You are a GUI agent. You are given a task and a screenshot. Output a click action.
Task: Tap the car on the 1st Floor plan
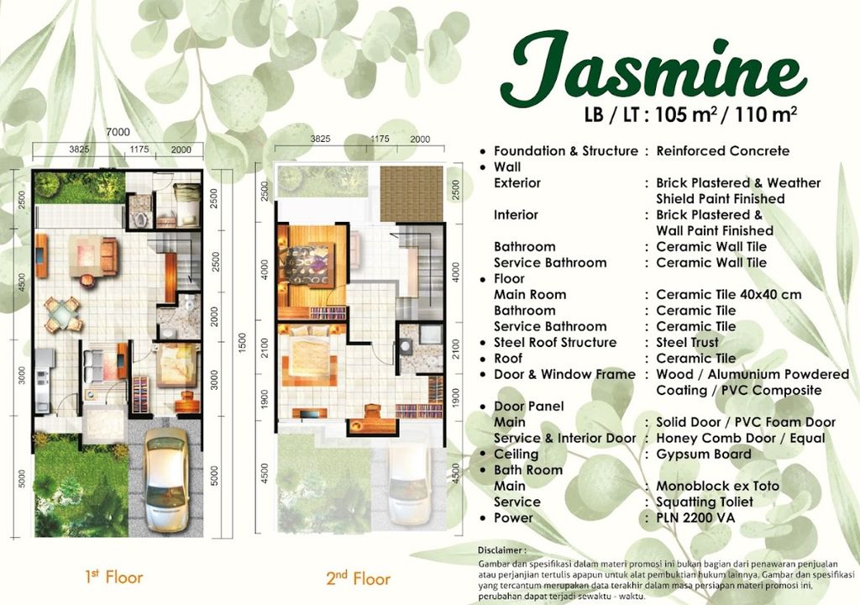(165, 481)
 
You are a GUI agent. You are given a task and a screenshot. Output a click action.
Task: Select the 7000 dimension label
(118, 131)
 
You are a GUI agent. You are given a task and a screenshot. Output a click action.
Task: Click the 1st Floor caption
(114, 577)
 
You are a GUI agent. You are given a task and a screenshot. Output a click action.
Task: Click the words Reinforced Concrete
(722, 151)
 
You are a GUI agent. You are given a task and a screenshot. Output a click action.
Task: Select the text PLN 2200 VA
(695, 518)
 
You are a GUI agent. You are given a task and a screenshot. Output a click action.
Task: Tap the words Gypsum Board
(704, 454)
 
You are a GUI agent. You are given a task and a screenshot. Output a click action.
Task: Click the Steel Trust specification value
(687, 342)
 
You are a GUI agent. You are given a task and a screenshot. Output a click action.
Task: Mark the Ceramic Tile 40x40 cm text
(728, 294)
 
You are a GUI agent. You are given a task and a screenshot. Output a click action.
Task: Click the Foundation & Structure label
(565, 151)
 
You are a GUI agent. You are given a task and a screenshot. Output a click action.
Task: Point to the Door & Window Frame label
(564, 374)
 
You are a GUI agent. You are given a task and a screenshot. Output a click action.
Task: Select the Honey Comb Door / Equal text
(741, 438)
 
